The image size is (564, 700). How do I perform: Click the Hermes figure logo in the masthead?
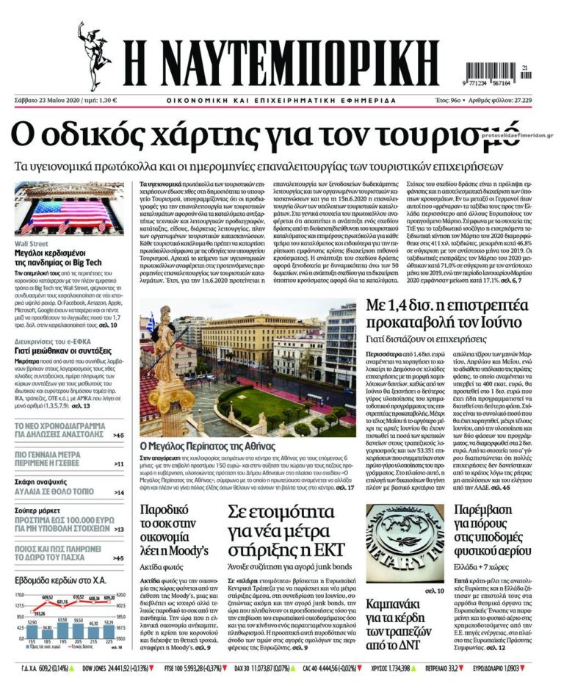tap(95, 55)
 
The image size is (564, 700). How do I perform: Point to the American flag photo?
tap(69, 209)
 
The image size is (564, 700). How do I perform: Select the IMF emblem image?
tap(405, 544)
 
